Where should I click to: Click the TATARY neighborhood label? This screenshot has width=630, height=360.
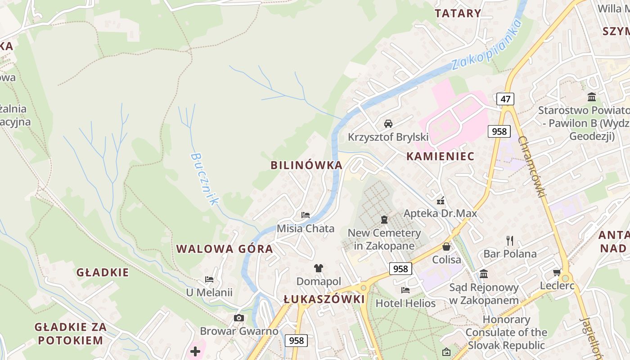(458, 13)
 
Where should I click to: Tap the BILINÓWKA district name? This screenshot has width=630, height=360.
(306, 165)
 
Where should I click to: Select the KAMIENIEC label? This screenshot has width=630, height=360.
(440, 156)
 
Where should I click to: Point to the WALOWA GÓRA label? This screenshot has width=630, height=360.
(225, 249)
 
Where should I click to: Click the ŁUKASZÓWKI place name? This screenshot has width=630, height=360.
(324, 299)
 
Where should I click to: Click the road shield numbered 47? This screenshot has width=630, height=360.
(505, 99)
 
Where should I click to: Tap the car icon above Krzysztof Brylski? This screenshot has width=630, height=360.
(388, 123)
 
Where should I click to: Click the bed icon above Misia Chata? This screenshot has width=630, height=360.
(306, 215)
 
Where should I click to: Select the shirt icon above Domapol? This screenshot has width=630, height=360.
(319, 268)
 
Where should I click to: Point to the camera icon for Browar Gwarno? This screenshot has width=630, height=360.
(239, 318)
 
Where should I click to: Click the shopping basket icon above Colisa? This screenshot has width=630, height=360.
(446, 247)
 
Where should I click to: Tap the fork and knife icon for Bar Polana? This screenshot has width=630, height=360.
(509, 241)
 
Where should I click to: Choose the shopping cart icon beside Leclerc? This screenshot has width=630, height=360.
(557, 272)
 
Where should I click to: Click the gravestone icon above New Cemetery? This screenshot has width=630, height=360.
(384, 220)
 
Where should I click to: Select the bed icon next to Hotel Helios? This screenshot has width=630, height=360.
(405, 290)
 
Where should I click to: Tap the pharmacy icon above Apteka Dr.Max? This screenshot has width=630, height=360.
(441, 200)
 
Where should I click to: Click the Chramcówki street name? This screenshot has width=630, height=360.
(532, 166)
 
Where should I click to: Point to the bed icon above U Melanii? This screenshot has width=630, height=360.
(209, 279)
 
